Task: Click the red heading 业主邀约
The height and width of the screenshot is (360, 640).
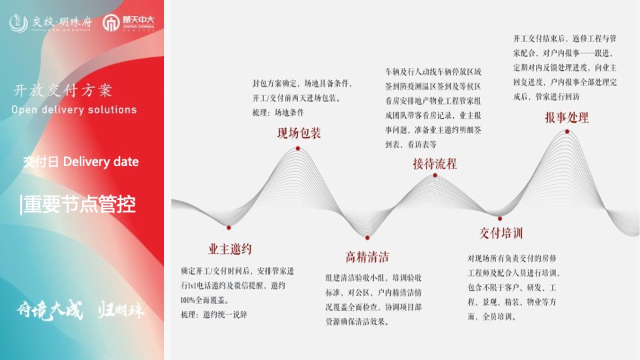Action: coord(229,249)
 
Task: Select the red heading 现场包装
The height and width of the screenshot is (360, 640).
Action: coord(299,133)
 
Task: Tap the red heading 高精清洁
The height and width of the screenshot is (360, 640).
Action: coord(367,257)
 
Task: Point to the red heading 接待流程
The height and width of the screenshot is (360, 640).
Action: coord(435,163)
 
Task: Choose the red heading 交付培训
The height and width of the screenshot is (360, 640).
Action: coord(501,233)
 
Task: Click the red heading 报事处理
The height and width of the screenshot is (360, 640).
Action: coord(567,117)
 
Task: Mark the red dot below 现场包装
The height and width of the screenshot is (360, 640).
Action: coord(298,148)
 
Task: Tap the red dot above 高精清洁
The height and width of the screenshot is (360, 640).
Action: coord(367,237)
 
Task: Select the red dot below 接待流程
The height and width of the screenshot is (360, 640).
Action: coord(435,175)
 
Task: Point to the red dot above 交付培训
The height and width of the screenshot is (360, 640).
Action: coord(500,218)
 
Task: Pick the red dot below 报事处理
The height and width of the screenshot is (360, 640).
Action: coord(567,131)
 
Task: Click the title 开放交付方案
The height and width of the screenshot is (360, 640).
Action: coord(63,91)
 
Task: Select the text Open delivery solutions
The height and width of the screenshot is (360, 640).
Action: coord(74,110)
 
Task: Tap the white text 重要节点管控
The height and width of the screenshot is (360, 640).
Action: coord(79,204)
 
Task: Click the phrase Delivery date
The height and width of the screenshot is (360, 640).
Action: coord(101,162)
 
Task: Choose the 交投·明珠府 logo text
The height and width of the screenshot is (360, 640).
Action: coord(52,23)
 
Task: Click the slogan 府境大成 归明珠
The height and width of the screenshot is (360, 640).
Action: coord(81,311)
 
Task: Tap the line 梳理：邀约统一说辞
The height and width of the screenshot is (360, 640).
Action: coord(213,314)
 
